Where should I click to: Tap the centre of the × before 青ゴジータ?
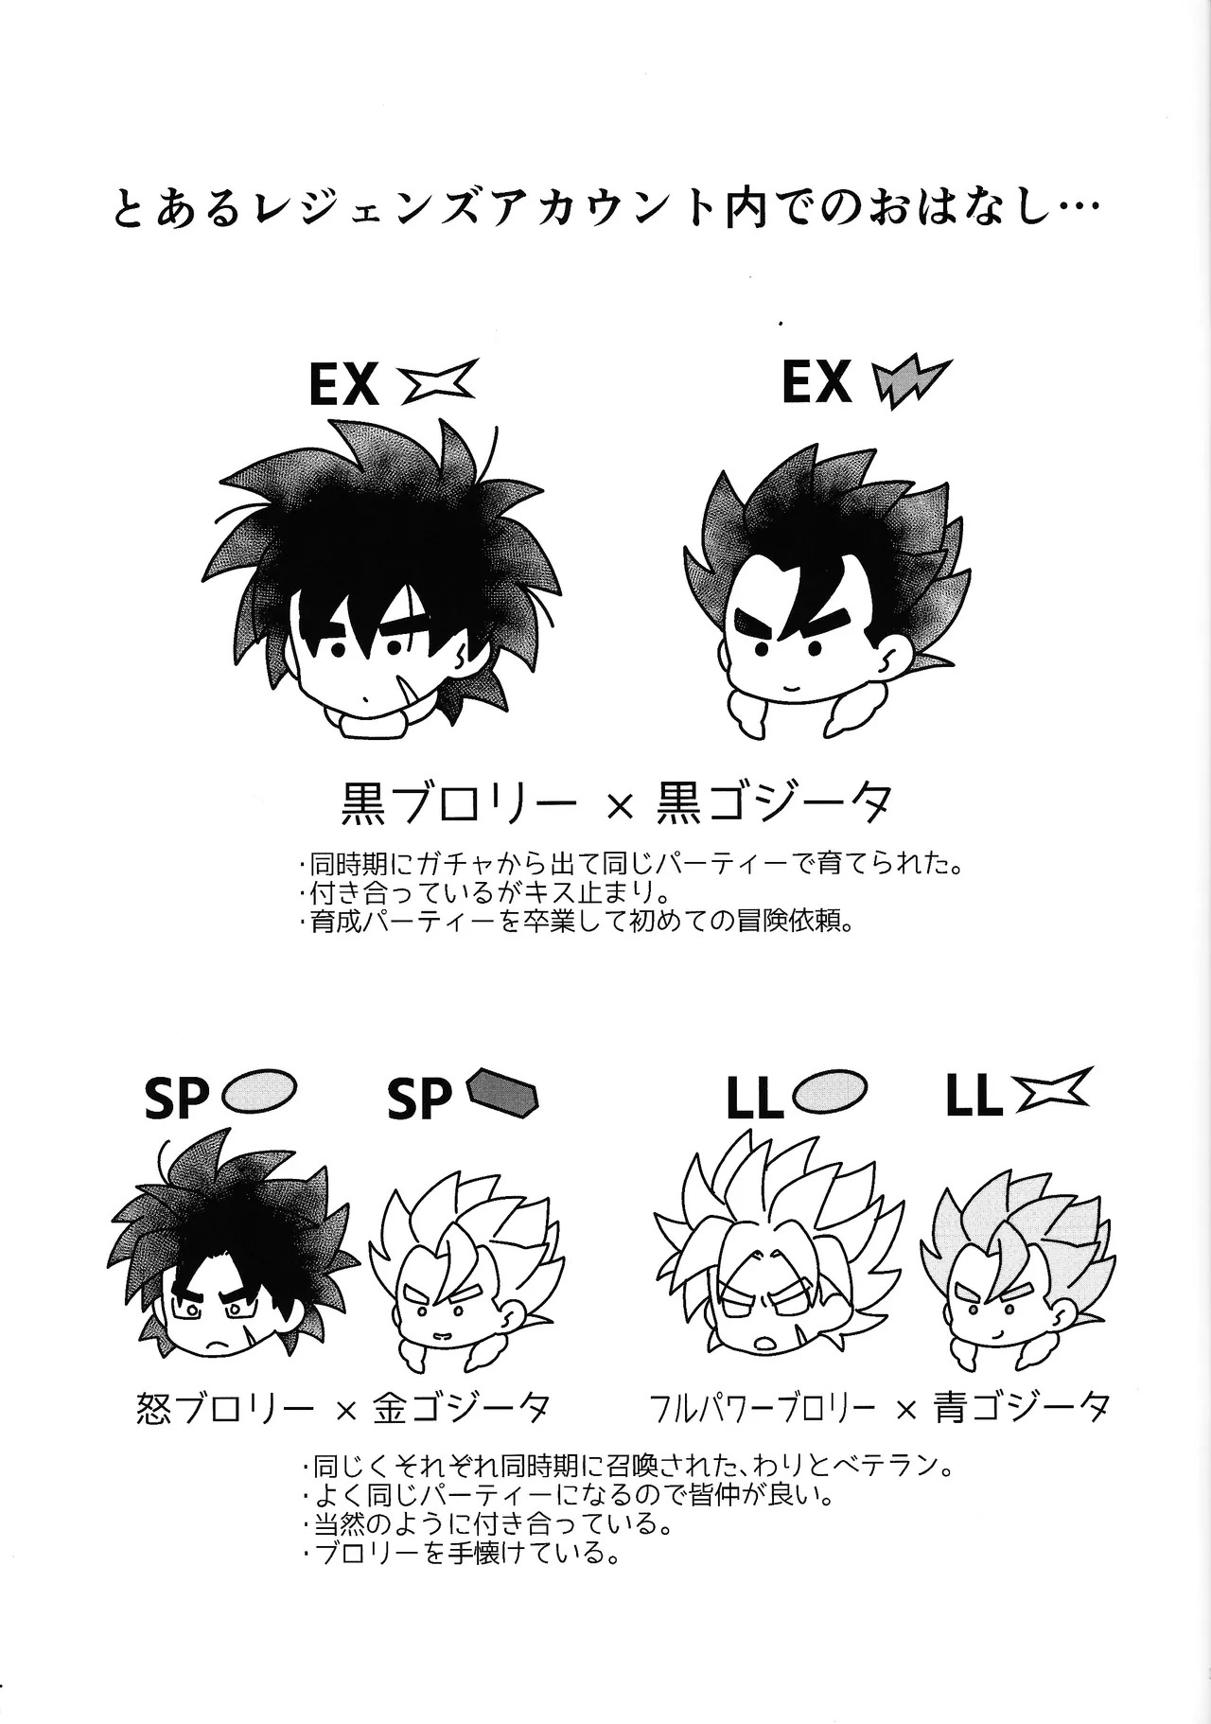pyautogui.click(x=906, y=1410)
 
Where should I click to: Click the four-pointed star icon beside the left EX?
pyautogui.click(x=442, y=382)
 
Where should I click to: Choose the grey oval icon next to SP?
pyautogui.click(x=260, y=1091)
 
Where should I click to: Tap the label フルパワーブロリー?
pyautogui.click(x=763, y=1410)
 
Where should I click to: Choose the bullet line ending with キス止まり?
pyautogui.click(x=489, y=893)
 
